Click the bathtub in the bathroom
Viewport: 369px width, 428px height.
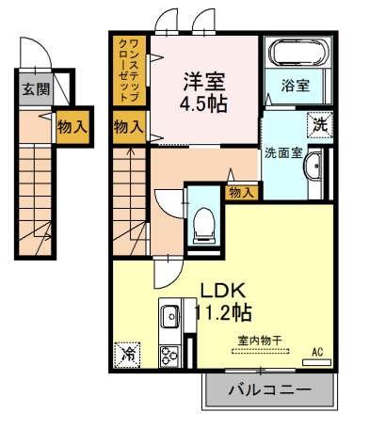[x=296, y=55]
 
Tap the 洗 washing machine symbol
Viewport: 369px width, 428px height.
[x=320, y=123]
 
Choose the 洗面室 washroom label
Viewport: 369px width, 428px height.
[x=282, y=151]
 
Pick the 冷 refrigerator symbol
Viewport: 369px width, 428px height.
[x=126, y=356]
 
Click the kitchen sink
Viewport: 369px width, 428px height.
[x=169, y=317]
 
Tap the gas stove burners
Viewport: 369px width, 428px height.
[x=169, y=357]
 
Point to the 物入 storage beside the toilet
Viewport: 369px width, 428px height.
[x=241, y=192]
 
